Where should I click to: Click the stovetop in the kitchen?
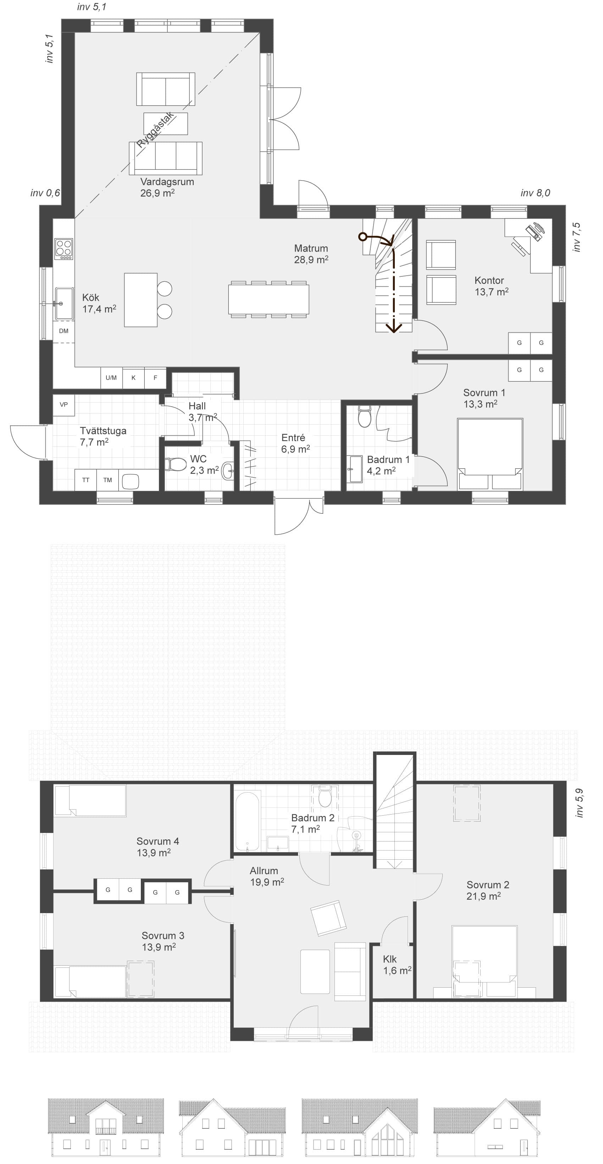(64, 249)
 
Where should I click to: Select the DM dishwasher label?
(64, 331)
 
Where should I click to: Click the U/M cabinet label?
(111, 378)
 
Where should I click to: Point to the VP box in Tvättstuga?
(64, 405)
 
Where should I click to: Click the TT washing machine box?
(86, 480)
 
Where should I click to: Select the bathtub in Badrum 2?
(247, 820)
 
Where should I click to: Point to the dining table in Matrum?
(269, 299)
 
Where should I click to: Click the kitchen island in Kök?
(141, 299)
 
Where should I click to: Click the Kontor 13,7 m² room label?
(491, 286)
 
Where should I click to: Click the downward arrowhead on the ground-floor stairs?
(394, 327)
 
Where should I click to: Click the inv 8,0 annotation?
(535, 193)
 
